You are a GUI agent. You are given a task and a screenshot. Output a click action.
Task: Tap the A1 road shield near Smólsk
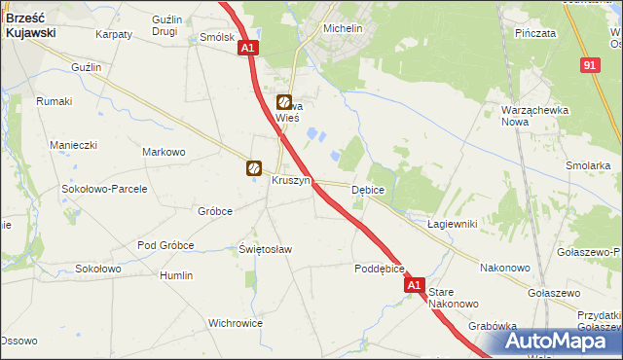[248, 48]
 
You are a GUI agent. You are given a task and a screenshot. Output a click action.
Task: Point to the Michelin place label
[343, 29]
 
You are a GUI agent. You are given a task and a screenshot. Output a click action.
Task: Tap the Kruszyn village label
[291, 180]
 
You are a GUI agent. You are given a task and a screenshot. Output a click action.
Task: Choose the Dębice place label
[368, 190]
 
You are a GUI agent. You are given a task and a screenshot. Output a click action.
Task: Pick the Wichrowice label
[235, 322]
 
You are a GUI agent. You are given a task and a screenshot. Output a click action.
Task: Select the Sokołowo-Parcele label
[104, 189]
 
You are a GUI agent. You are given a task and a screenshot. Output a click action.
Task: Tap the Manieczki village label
[74, 145]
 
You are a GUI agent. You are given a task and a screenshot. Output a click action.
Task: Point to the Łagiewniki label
[452, 224]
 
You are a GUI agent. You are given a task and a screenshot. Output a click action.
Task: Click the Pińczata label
[535, 33]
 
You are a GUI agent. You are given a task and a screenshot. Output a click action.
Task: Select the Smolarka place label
[587, 165]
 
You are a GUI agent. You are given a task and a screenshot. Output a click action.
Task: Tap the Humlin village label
[176, 275]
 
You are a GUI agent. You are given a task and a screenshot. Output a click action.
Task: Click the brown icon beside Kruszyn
[254, 168]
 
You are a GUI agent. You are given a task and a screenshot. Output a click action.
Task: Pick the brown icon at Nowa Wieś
[283, 101]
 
